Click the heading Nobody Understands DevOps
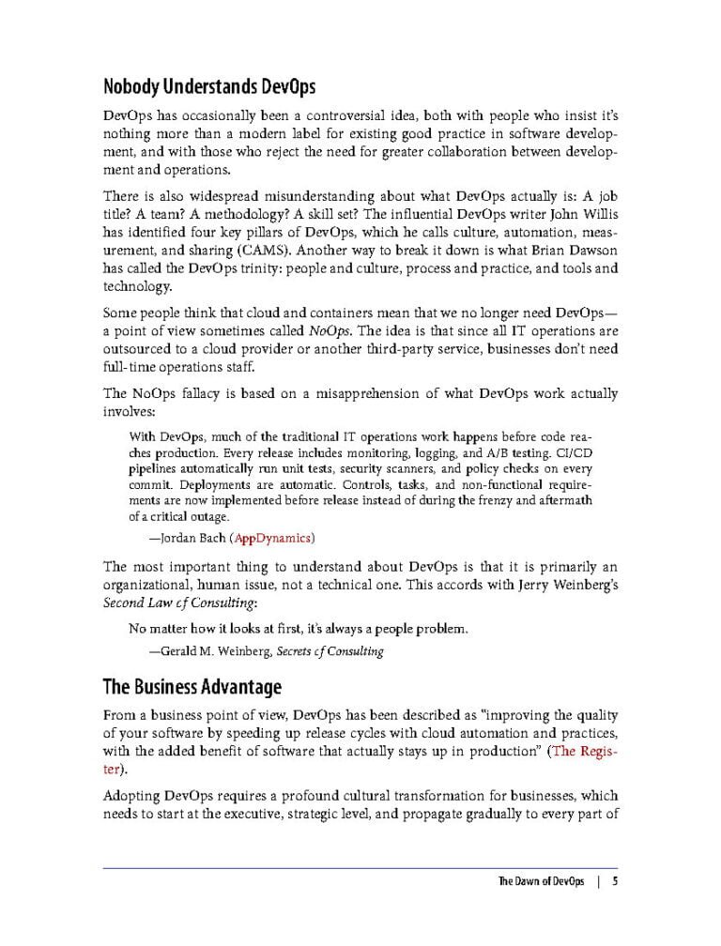208,88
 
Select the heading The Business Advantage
192,688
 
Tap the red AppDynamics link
273,538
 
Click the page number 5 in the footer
614,881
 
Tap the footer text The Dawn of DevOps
541,881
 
